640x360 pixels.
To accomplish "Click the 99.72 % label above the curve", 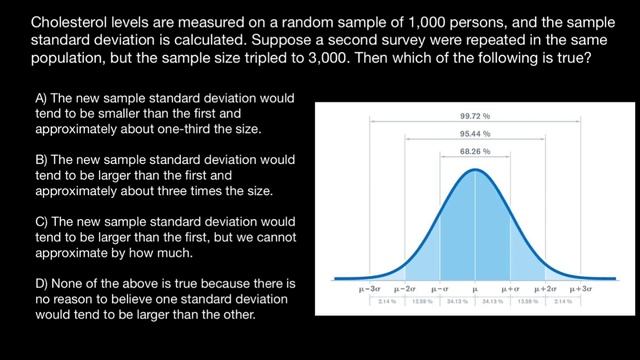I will click(x=474, y=115).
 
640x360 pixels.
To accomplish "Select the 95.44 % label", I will click(x=474, y=133).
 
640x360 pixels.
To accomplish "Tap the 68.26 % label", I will click(x=474, y=151).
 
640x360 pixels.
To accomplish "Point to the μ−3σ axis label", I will click(x=370, y=288).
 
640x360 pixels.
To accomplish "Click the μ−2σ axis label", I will click(x=404, y=288).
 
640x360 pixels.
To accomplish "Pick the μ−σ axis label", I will click(x=439, y=288).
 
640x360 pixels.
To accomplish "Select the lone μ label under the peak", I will click(x=474, y=288).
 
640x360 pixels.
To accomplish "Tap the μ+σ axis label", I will click(x=510, y=288).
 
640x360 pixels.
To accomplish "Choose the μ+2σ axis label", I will click(x=545, y=288).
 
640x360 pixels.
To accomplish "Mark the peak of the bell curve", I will click(x=474, y=169).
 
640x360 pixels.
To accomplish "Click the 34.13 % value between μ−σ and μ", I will click(x=457, y=300).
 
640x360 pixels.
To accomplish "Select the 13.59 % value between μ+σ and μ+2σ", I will click(x=528, y=300).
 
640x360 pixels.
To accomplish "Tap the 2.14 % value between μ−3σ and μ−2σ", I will click(x=387, y=300).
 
